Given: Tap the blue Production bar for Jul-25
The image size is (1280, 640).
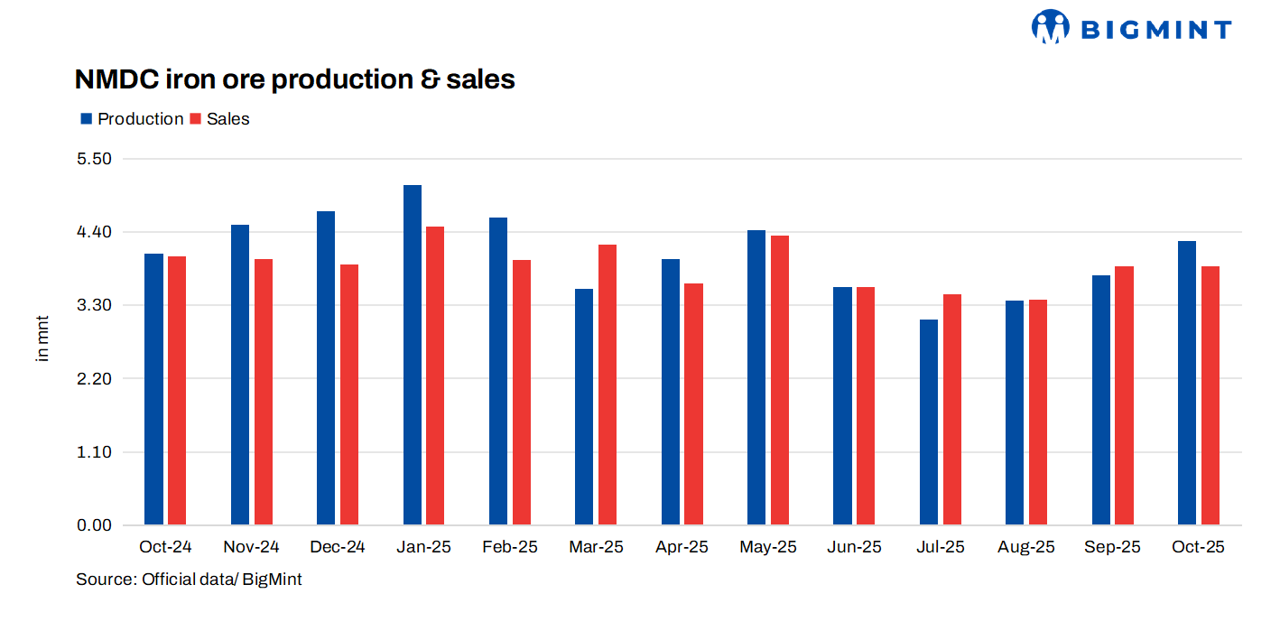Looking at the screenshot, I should [x=929, y=422].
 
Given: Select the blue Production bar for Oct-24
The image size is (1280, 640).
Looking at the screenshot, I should [x=154, y=389].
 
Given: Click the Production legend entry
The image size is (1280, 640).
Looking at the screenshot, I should [x=132, y=119].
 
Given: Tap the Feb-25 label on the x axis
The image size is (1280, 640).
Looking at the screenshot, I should [x=510, y=547].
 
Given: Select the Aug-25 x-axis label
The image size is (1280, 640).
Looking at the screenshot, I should [x=1026, y=547].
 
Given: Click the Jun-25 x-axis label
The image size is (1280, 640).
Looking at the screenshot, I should [x=854, y=547].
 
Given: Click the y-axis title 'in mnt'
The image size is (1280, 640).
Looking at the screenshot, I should [x=42, y=338].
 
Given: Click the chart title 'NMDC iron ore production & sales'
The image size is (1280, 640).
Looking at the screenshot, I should [x=294, y=79].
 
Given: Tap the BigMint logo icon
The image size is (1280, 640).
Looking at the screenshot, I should [x=1050, y=27].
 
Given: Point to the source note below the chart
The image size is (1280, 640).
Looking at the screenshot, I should [x=189, y=580].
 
